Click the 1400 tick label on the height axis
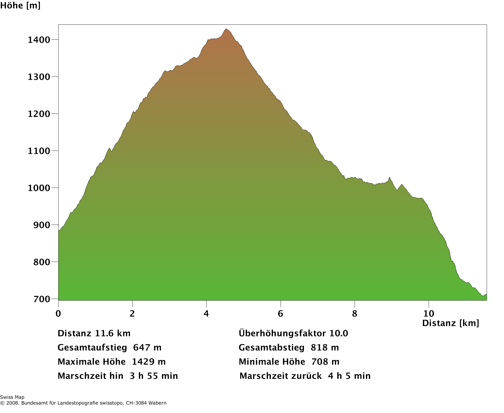39,40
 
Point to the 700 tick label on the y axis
42,299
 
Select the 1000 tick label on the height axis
39,188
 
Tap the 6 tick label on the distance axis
281,313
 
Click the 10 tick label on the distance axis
429,313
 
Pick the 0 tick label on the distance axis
58,313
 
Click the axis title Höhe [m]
20,5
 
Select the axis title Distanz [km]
450,323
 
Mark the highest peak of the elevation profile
226,29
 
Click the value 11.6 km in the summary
113,333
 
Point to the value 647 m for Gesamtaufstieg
147,348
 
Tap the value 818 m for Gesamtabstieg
325,348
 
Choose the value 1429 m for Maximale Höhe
149,362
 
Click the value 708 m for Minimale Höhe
325,362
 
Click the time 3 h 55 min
154,376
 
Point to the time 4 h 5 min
349,376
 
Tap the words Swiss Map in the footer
12,397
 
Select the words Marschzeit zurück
281,376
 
